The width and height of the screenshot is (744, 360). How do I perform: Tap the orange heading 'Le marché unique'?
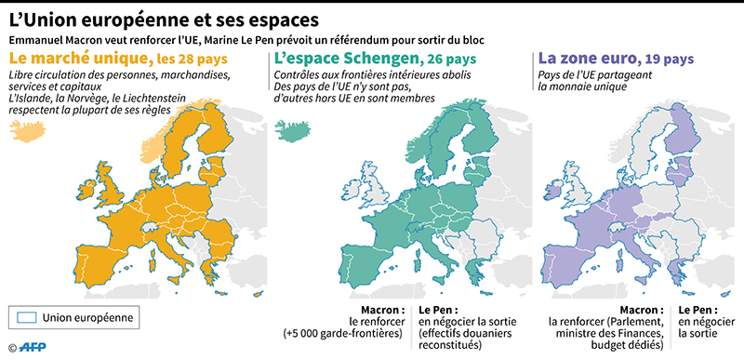(x=73, y=60)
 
